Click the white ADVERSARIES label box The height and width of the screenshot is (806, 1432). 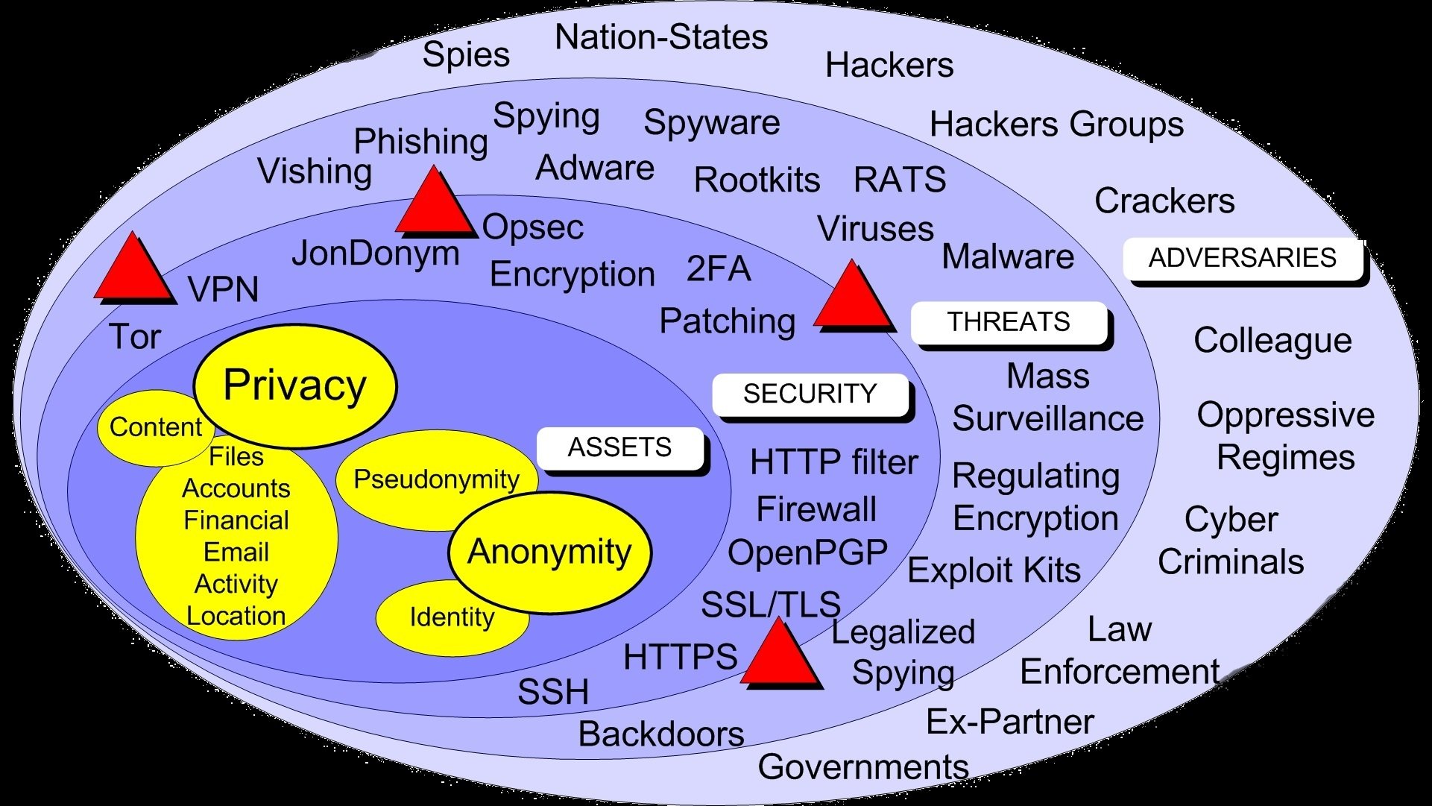(x=1242, y=258)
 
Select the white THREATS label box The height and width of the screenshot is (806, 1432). (x=1009, y=322)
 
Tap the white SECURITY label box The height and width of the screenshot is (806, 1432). (x=810, y=394)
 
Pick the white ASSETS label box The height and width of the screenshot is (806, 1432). (x=619, y=447)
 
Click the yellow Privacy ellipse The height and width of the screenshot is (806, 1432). (x=295, y=385)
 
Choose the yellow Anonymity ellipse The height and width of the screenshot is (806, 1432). (x=549, y=552)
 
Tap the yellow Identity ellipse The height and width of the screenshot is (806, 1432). (x=452, y=618)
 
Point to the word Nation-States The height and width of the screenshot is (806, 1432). (x=661, y=37)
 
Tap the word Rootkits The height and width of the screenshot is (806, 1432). (x=757, y=180)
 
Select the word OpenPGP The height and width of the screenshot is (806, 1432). (x=807, y=553)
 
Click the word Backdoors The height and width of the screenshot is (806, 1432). (x=661, y=734)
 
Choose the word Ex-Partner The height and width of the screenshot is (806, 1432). (x=1009, y=722)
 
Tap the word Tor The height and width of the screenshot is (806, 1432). (x=135, y=337)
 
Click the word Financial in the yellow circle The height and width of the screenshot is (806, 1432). (x=236, y=520)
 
